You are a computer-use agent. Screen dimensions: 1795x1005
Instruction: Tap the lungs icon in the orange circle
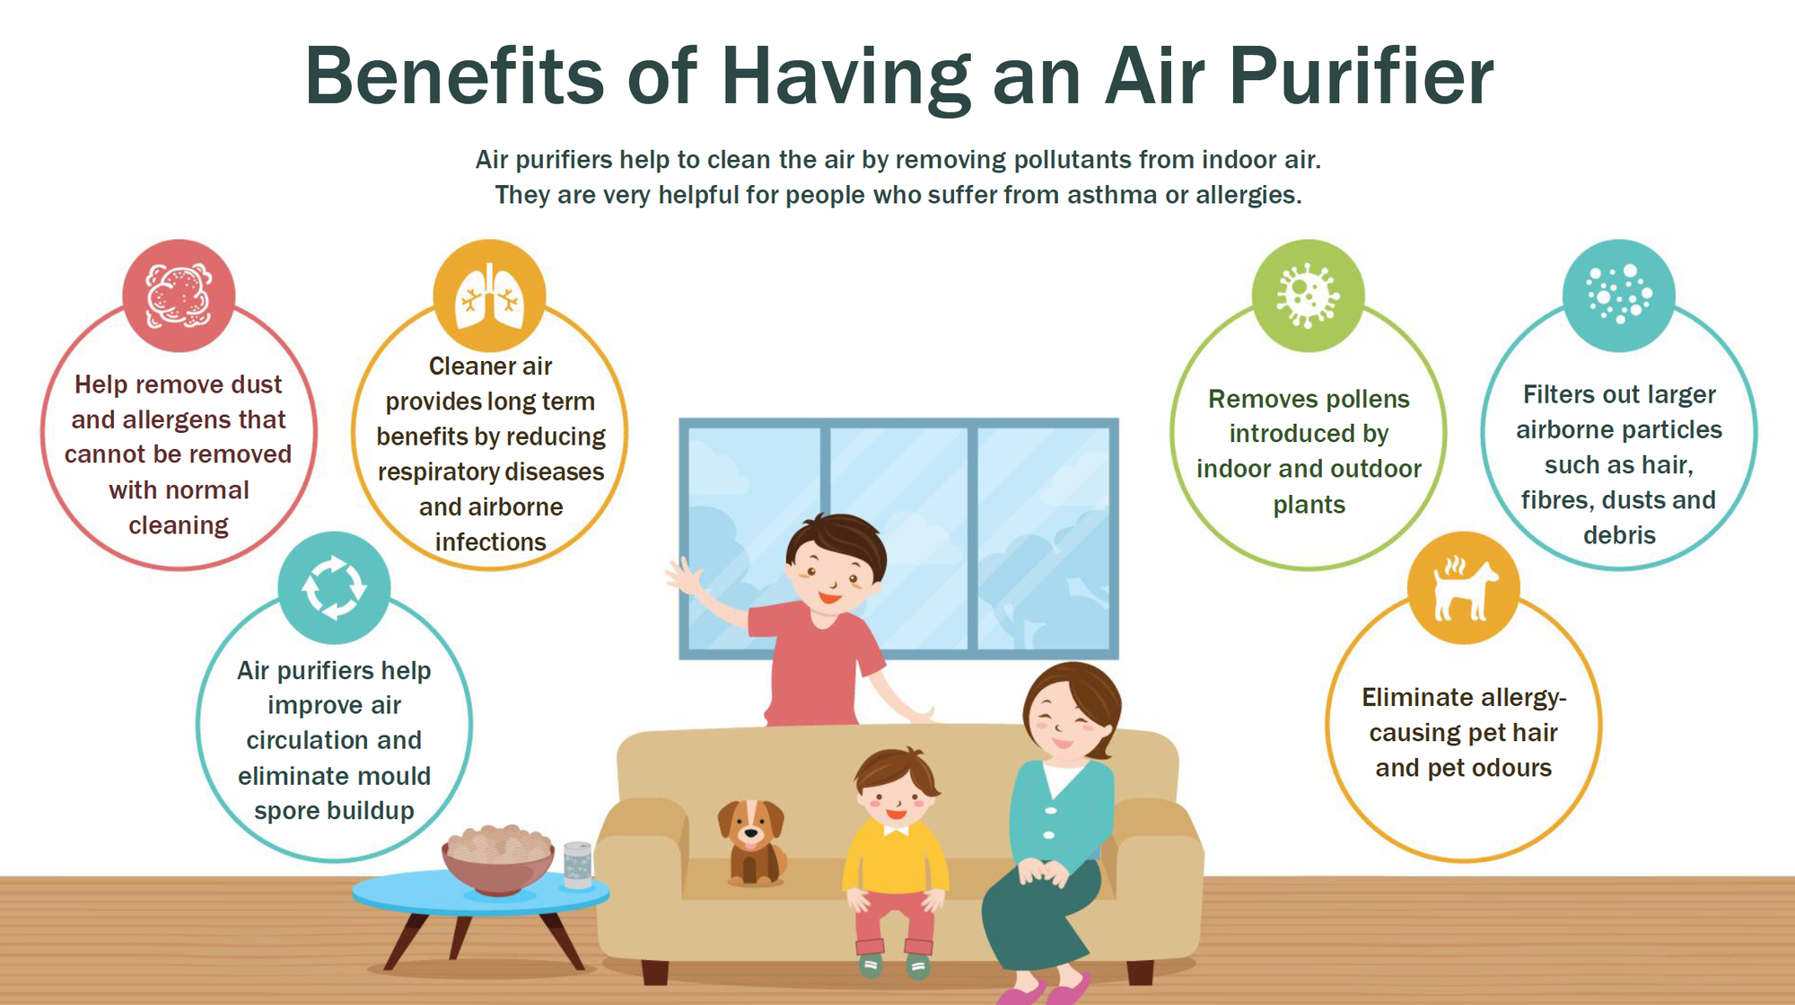(x=489, y=295)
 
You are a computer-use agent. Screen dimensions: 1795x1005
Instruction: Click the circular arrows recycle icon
(x=334, y=587)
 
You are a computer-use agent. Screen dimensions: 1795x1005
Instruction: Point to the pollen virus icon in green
(x=1308, y=295)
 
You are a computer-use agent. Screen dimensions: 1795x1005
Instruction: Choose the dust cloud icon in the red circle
(x=179, y=295)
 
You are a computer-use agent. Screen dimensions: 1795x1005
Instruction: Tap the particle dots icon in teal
(x=1619, y=295)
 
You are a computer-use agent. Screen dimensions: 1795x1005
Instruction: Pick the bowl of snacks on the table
(x=497, y=859)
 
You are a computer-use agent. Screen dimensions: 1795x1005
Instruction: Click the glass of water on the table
(x=577, y=865)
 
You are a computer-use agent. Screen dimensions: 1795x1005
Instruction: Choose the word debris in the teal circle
(x=1619, y=535)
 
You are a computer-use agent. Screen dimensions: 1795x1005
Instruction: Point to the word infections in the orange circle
(x=490, y=542)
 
